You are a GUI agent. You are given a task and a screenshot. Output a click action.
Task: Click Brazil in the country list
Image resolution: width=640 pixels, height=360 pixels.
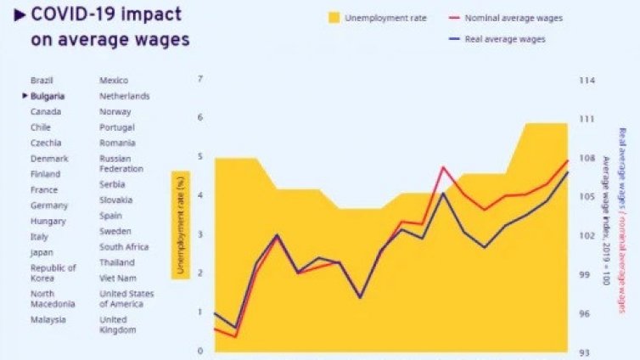point(42,80)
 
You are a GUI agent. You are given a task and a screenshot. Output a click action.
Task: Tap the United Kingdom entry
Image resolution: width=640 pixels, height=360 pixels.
point(118,324)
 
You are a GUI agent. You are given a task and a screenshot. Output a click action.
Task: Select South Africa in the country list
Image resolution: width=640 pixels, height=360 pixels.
point(124,247)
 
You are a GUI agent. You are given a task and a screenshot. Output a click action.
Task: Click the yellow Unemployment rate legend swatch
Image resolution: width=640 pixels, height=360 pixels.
point(334,17)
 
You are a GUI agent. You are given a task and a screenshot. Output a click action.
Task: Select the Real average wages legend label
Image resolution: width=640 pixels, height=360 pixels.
point(505,39)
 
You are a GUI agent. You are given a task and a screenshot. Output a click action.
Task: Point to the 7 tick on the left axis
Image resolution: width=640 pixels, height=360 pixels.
point(200,79)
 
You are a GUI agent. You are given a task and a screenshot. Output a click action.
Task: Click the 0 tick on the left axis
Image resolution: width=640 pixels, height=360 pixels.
point(200,351)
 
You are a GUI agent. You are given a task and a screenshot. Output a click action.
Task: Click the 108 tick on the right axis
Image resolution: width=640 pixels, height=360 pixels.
point(587,158)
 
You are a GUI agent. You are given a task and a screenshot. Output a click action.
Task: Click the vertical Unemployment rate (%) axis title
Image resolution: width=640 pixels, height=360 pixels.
point(180,223)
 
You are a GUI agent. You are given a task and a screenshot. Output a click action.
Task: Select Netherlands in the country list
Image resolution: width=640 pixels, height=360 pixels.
point(124,96)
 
